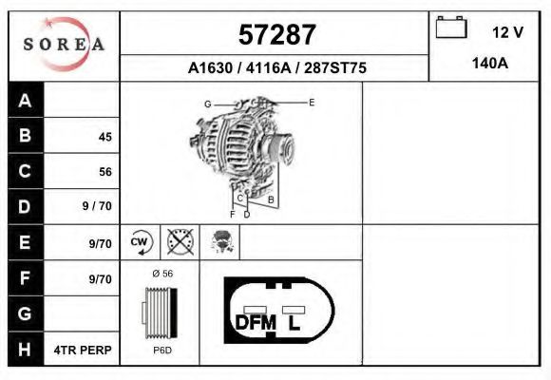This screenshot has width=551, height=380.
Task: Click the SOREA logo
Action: [64, 44]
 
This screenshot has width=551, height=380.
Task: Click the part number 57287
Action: [276, 35]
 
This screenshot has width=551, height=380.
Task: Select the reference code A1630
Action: [210, 67]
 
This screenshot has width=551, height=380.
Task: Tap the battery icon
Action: [451, 27]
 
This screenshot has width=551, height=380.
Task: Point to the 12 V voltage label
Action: [507, 32]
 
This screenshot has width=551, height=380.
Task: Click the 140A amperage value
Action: [490, 64]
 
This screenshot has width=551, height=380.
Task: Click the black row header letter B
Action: [25, 135]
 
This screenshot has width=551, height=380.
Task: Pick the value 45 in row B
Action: [105, 137]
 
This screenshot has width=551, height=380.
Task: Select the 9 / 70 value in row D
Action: [97, 206]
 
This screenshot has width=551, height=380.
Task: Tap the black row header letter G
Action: [25, 313]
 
